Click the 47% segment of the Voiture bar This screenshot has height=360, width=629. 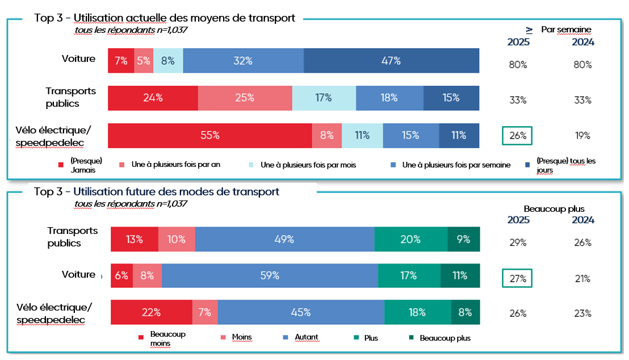coord(391,61)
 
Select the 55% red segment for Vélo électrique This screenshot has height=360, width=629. coord(209,135)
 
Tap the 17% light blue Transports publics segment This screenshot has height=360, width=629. coord(324,98)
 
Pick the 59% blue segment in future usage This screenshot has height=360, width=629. coord(270,275)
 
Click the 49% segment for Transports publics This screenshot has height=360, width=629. coord(284,239)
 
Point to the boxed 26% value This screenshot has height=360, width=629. coord(517,136)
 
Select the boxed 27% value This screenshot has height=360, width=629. coord(517,279)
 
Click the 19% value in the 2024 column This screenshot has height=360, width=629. coord(582,136)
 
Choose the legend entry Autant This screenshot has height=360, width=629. coord(307,337)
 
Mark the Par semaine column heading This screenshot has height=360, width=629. coord(566,30)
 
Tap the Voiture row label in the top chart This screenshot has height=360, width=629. coord(78,58)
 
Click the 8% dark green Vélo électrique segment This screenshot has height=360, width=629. coord(465,312)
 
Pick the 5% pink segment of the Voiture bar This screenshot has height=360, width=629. coord(142,61)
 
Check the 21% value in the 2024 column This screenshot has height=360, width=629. coord(582,279)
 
